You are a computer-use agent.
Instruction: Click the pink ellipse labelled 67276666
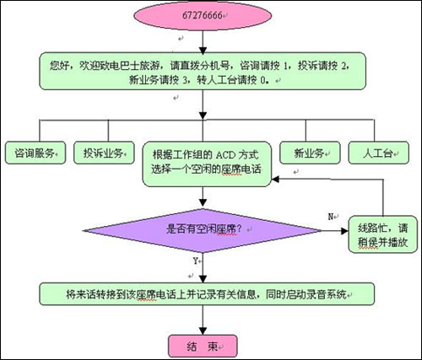point(203,16)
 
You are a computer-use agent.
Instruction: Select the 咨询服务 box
point(35,153)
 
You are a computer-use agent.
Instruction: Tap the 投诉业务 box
point(104,153)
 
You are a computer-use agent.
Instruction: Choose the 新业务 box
point(310,153)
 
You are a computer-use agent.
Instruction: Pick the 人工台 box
point(379,153)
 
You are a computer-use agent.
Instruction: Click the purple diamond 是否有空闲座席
point(203,230)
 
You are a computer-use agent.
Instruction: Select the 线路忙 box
point(382,234)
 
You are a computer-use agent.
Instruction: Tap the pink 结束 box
point(203,347)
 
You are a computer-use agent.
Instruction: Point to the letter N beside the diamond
point(331,217)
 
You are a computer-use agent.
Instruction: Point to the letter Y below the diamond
point(195,261)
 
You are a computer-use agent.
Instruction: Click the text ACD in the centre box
point(225,155)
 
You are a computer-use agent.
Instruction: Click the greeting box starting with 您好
point(203,71)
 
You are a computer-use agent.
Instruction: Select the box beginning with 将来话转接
point(207,294)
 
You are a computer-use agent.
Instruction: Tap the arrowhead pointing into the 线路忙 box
point(345,231)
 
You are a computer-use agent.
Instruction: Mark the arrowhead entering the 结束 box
point(203,331)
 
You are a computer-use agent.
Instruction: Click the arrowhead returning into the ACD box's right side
point(275,179)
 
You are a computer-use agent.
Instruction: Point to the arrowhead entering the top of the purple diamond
point(203,203)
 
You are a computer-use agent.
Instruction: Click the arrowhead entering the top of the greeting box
point(203,51)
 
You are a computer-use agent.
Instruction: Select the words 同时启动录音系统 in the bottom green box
point(306,294)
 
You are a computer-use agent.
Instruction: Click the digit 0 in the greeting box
point(262,81)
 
